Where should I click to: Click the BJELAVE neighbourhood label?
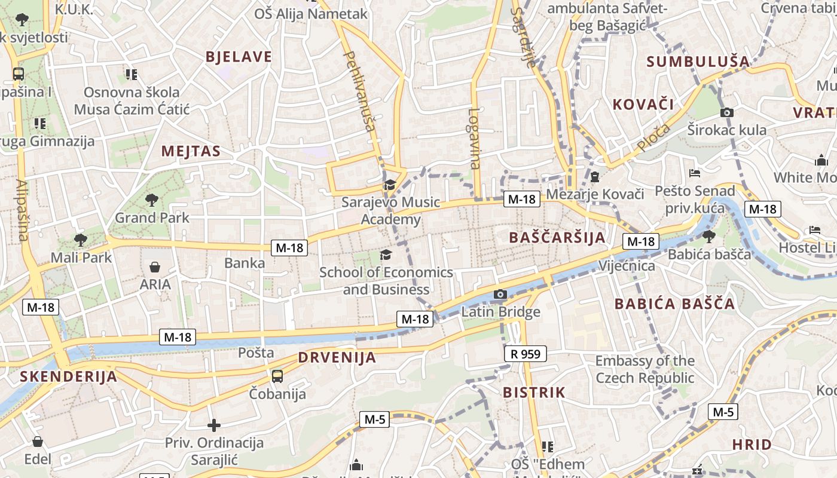[x=239, y=57]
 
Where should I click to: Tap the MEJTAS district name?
[x=191, y=151]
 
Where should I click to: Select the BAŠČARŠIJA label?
[x=557, y=237]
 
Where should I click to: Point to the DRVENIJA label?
[x=337, y=358]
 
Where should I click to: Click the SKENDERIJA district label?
[x=68, y=376]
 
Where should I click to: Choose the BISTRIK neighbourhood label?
[x=534, y=393]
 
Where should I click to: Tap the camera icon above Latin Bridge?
[x=500, y=294]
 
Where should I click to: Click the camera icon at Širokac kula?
[x=727, y=112]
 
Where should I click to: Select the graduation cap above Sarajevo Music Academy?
[x=390, y=185]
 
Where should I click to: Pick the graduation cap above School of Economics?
[x=386, y=255]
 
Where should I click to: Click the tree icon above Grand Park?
[x=152, y=200]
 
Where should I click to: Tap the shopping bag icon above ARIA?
[x=155, y=267]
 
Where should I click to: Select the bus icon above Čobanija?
[x=277, y=376]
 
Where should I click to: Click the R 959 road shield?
[x=526, y=354]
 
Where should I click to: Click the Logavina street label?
[x=474, y=138]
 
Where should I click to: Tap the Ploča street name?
[x=653, y=137]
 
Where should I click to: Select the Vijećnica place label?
[x=627, y=266]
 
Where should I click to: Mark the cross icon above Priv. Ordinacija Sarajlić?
[x=214, y=425]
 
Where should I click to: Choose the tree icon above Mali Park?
[x=81, y=240]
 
